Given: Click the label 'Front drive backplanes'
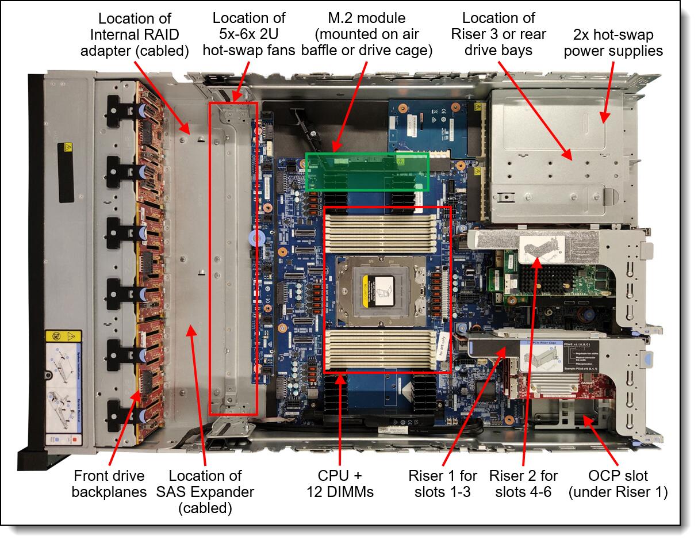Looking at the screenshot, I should [109, 484].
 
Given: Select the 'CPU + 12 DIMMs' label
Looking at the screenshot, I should [347, 484].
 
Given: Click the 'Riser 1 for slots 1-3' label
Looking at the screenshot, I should [442, 484].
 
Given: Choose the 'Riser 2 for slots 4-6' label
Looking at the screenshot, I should [523, 484].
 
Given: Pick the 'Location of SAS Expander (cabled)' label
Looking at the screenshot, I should [205, 492].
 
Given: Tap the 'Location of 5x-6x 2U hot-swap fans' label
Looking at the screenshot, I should [249, 35].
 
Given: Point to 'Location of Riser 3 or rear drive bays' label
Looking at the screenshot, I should [498, 35].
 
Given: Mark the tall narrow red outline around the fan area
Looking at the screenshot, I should [233, 259].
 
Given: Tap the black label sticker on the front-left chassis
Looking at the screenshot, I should [67, 164].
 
